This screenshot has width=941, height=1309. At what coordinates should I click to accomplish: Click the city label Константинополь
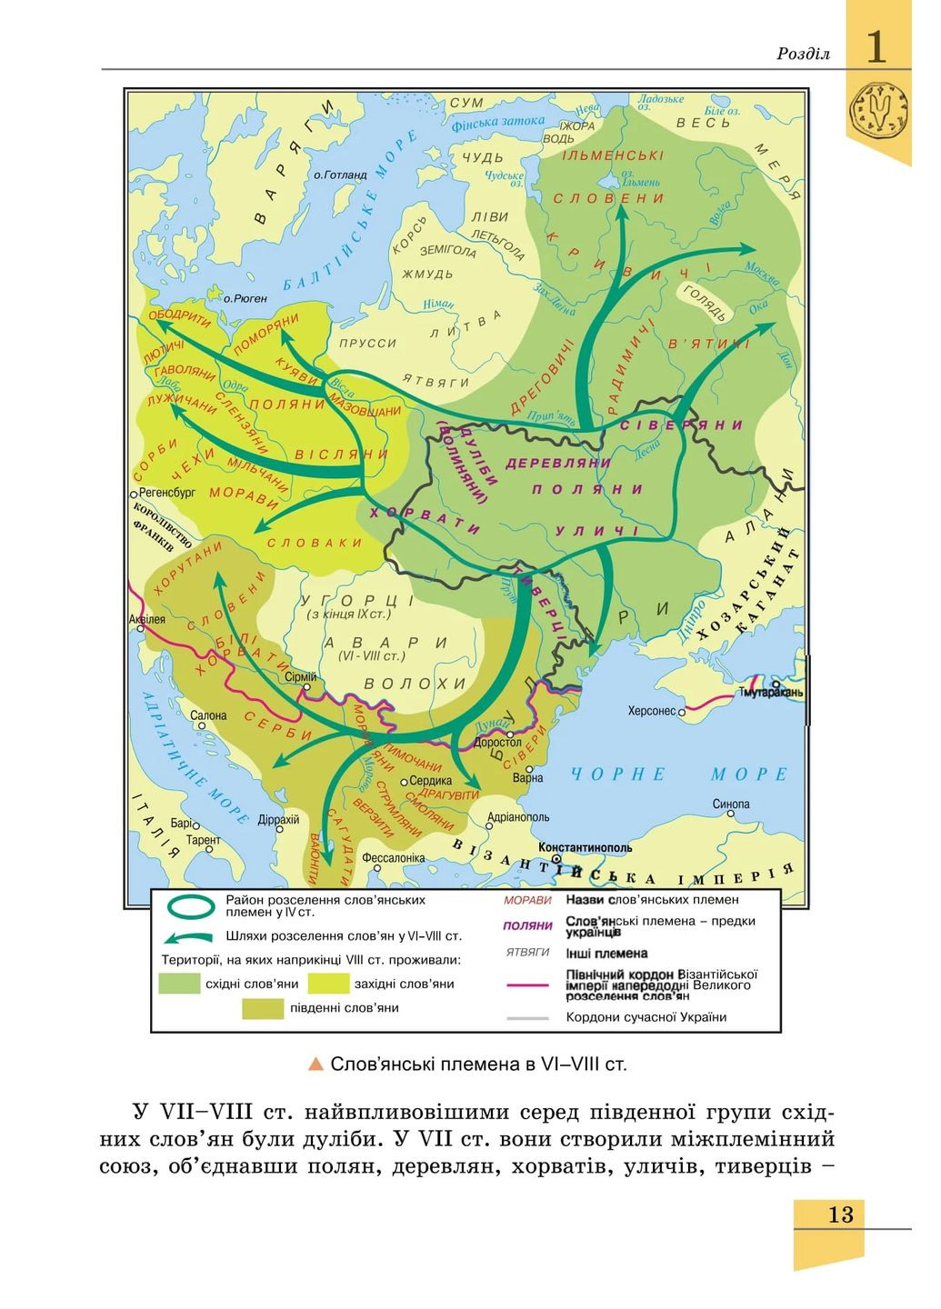click(585, 845)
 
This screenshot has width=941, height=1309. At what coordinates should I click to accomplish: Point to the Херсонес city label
click(651, 711)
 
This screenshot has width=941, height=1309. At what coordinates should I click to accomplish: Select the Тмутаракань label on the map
click(773, 693)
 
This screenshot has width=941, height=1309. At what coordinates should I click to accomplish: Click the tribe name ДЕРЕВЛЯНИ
click(558, 462)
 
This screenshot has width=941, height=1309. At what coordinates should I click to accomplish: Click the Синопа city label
click(731, 804)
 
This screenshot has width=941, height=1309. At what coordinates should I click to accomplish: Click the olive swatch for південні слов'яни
click(263, 1007)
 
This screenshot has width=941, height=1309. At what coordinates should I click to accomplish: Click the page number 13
click(840, 1214)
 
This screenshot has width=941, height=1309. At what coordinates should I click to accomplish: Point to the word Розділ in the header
click(803, 54)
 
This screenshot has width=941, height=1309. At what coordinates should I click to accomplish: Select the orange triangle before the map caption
click(315, 1064)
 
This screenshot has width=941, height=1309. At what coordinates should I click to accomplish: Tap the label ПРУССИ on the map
click(367, 344)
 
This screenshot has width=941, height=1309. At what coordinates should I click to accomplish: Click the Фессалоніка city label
click(393, 857)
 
